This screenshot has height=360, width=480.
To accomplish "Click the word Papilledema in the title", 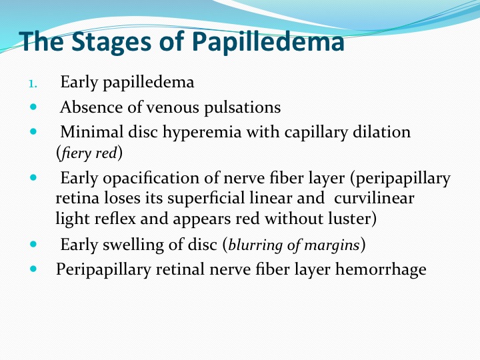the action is [269, 42].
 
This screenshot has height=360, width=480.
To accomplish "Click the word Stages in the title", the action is [111, 42].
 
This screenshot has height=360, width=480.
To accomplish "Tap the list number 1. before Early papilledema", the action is [33, 83].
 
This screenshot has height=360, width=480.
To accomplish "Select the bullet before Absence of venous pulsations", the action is [33, 107].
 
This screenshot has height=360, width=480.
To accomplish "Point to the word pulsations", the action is [243, 108].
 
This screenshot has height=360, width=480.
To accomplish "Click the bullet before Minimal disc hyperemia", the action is [33, 131].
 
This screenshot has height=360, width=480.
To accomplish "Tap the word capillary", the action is [316, 133].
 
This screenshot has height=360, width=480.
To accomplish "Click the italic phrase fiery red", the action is [89, 153].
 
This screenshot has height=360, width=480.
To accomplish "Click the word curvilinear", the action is [374, 199].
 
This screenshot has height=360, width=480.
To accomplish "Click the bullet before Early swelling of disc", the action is [33, 244].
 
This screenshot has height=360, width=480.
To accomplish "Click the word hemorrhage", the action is [381, 270].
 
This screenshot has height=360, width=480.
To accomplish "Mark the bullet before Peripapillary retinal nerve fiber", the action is [33, 269].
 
